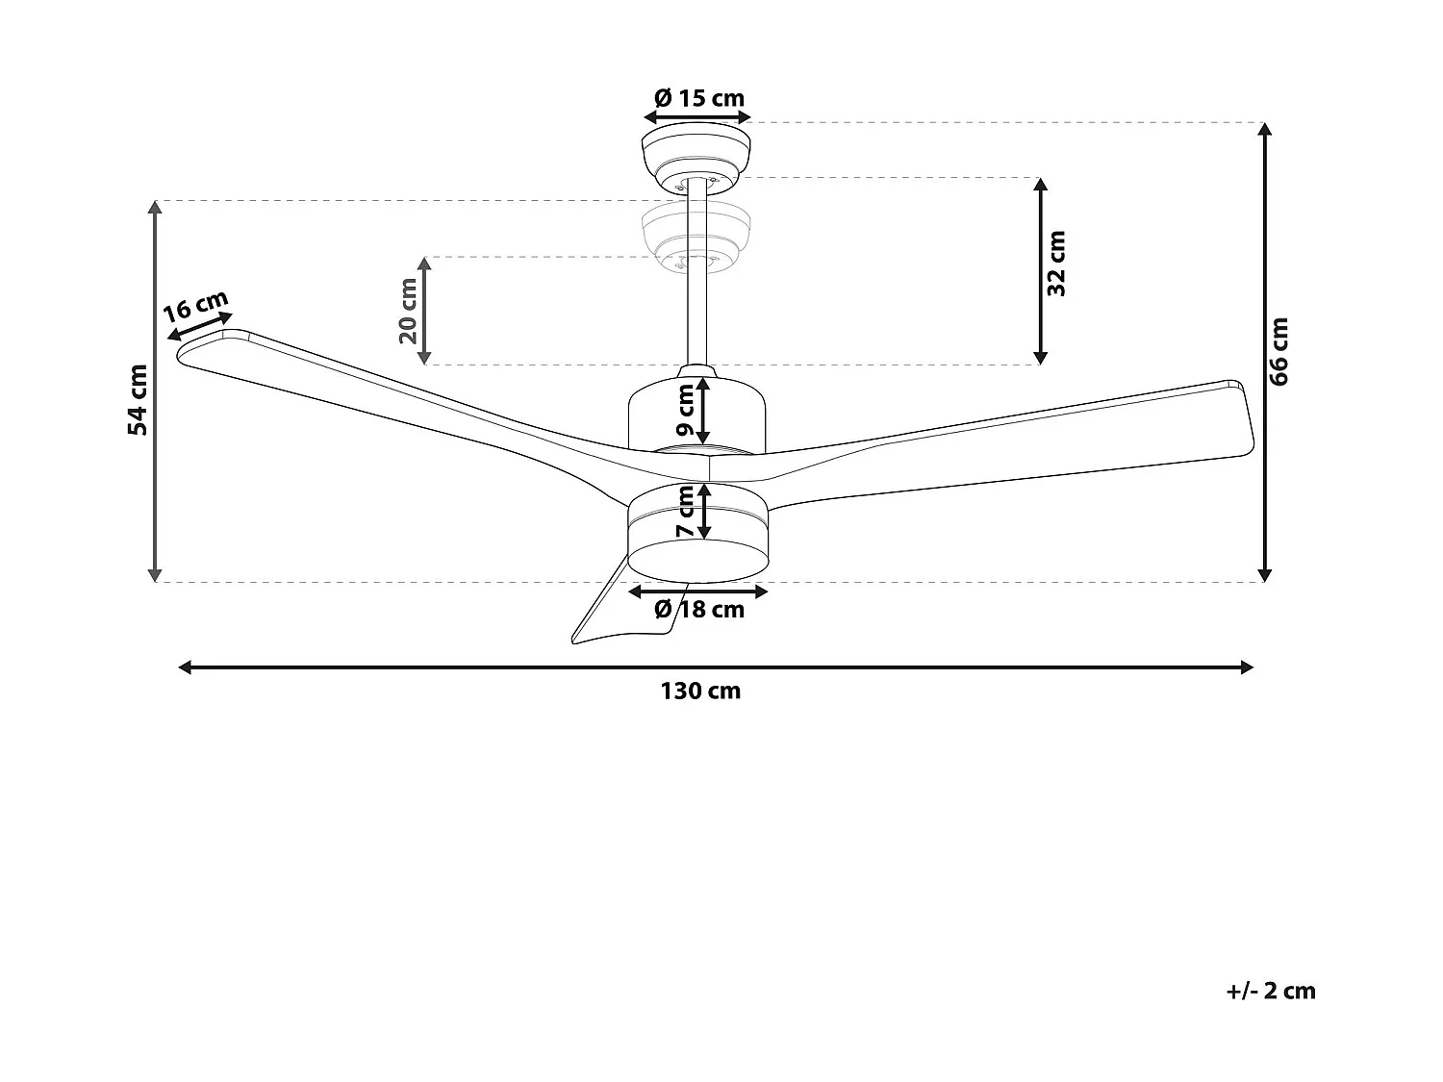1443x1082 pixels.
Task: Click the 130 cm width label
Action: (700, 692)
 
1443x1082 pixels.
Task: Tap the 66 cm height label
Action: (1278, 351)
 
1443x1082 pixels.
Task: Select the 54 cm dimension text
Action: (139, 399)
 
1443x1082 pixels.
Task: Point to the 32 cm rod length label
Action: (1056, 263)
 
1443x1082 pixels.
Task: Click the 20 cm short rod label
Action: (408, 311)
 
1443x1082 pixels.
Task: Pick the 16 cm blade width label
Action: (195, 308)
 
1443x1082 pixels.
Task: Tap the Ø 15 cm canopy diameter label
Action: (698, 98)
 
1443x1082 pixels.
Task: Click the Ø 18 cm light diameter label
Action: (699, 610)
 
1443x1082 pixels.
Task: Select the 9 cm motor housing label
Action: (686, 411)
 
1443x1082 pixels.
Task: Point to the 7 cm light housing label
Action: (686, 513)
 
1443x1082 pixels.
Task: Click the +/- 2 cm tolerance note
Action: (1271, 992)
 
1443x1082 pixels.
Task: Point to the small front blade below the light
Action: (606, 616)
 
